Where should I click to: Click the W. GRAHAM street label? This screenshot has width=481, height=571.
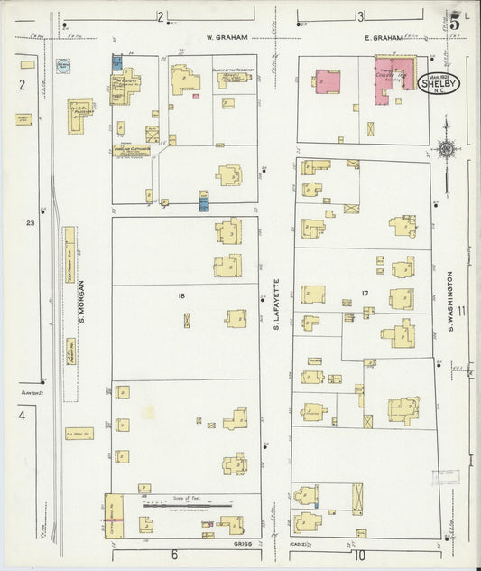click(221, 38)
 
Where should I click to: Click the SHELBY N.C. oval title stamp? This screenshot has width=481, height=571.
click(439, 84)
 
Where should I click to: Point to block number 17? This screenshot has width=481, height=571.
click(365, 295)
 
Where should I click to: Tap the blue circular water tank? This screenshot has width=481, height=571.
click(63, 67)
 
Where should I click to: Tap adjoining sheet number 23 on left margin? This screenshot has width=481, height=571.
click(31, 222)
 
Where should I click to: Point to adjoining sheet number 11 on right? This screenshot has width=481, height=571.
click(461, 312)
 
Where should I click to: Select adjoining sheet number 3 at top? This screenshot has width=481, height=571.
click(359, 16)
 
